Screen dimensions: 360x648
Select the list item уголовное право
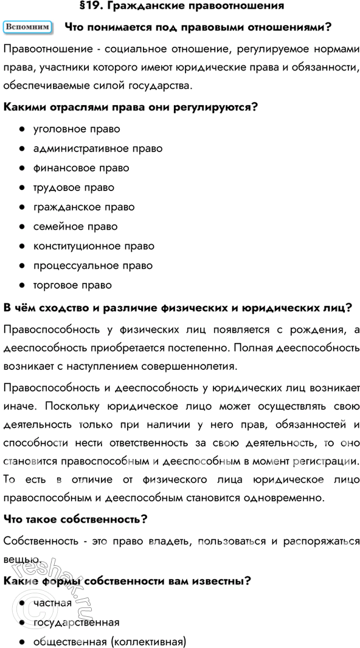(76, 129)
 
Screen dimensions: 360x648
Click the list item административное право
(97, 148)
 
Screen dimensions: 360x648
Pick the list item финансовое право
(81, 168)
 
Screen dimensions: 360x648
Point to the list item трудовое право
(74, 187)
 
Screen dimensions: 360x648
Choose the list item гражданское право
(84, 207)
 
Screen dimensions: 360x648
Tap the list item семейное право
(75, 226)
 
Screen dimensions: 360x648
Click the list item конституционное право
(94, 246)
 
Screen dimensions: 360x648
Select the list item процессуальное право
(92, 265)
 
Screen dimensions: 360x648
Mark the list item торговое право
(72, 285)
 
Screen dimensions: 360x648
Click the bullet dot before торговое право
(21, 285)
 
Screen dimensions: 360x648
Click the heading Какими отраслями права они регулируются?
(131, 107)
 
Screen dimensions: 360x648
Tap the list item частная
(52, 603)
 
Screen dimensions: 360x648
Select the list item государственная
(76, 622)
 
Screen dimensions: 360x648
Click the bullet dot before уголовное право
(21, 130)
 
